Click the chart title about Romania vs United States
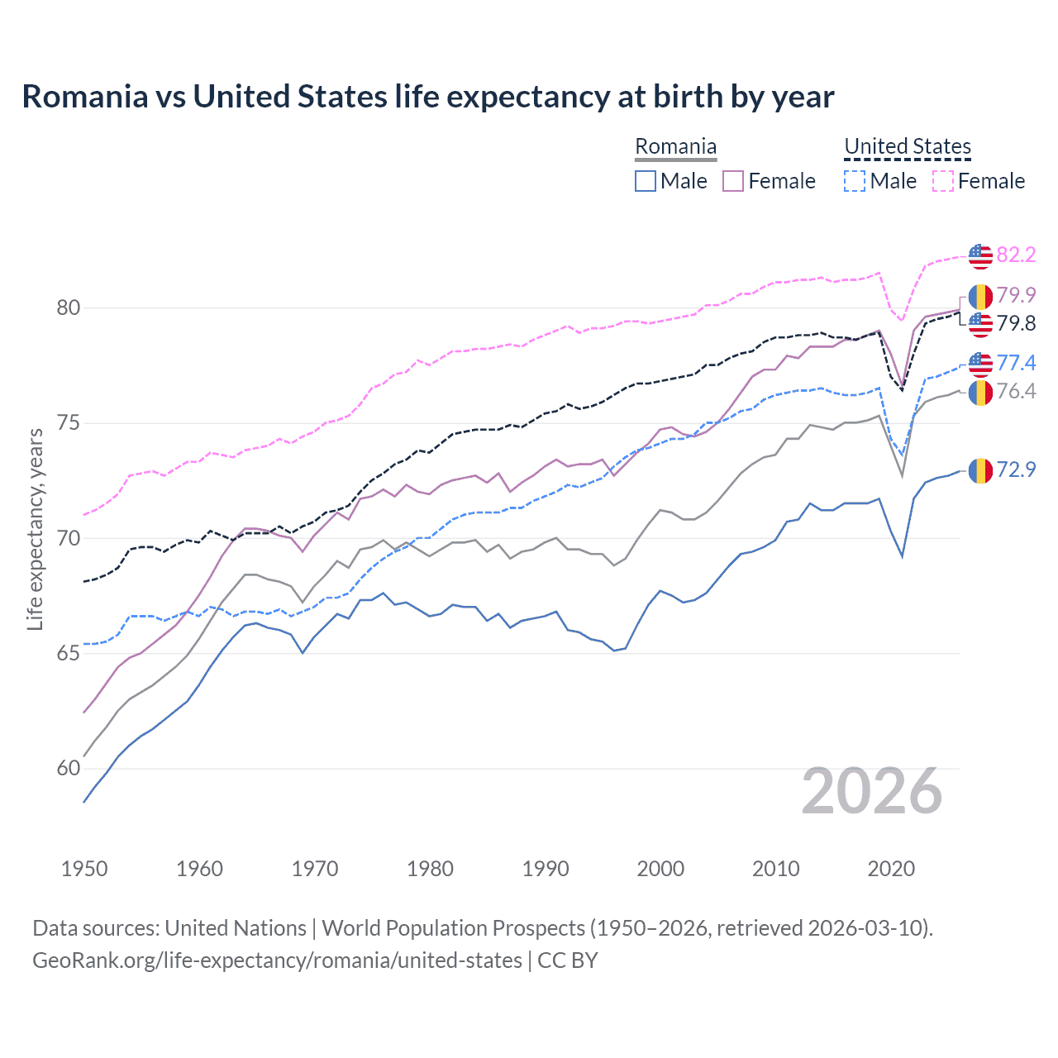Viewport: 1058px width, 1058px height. (427, 97)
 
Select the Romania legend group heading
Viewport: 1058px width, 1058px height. (675, 147)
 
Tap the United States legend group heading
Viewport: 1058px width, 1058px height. (907, 147)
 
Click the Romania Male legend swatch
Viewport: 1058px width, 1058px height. (646, 181)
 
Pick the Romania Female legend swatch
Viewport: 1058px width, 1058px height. (733, 181)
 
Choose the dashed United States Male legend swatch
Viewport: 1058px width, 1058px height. (855, 181)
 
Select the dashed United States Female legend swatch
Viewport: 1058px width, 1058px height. (943, 181)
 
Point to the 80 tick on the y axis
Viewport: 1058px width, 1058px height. (69, 308)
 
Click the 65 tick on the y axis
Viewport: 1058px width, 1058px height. (69, 654)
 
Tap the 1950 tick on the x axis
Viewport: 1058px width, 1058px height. (84, 869)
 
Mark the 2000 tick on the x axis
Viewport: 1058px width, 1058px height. (660, 869)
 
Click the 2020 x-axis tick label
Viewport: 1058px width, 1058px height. (891, 869)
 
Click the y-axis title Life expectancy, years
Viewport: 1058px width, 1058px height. (36, 529)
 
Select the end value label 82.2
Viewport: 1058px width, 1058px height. (1016, 255)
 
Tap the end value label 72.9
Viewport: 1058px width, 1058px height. (1016, 470)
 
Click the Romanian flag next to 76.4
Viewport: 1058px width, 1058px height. (980, 393)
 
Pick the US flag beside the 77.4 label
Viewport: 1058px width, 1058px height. (980, 364)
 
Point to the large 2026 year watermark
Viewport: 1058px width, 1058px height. (872, 791)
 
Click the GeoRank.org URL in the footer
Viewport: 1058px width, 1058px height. (277, 960)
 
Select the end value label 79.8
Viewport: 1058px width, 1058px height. (1016, 324)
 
